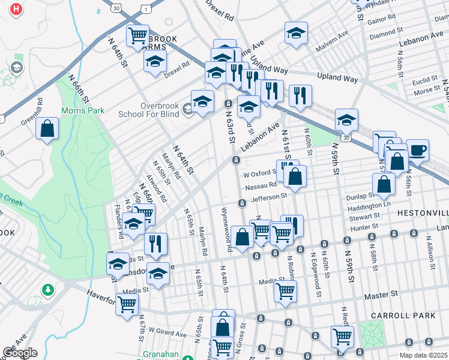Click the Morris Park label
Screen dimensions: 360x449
pos(82,110)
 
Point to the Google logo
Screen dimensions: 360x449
pos(20,353)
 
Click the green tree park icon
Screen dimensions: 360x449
pos(47,290)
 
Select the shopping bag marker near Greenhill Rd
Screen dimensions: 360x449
pos(47,128)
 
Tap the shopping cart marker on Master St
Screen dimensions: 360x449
pos(285,291)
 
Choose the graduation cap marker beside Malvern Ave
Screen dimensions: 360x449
pos(296,34)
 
